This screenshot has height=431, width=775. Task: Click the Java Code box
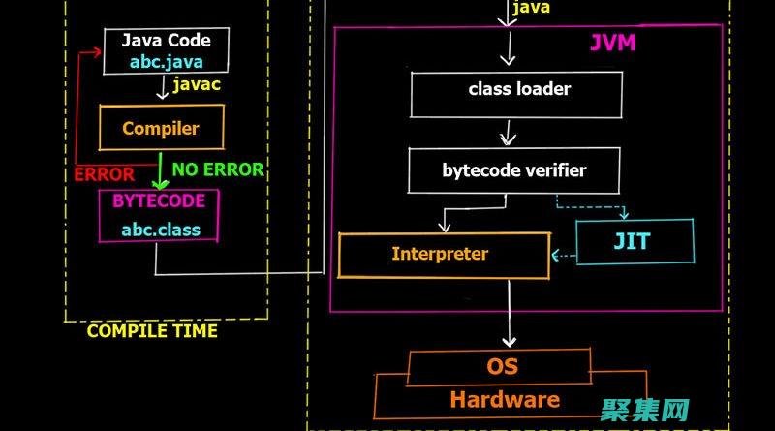tap(167, 50)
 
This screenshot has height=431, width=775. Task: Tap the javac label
tap(197, 85)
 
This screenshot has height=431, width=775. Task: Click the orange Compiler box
tap(161, 128)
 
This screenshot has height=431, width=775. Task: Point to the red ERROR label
tap(104, 174)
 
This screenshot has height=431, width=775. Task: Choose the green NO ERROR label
tap(217, 169)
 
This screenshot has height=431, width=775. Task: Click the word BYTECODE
tap(158, 201)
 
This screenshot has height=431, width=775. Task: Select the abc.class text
tap(161, 230)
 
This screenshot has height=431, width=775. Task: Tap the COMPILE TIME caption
tap(152, 330)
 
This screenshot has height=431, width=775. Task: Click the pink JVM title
tap(613, 44)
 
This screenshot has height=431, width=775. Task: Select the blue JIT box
tap(635, 242)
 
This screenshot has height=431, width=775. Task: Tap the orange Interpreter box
tap(440, 254)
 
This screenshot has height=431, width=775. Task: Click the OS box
tap(502, 366)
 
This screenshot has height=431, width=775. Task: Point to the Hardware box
tap(504, 399)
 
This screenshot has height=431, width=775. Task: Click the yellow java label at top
tap(531, 8)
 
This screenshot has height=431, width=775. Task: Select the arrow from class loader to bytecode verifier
tap(505, 132)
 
